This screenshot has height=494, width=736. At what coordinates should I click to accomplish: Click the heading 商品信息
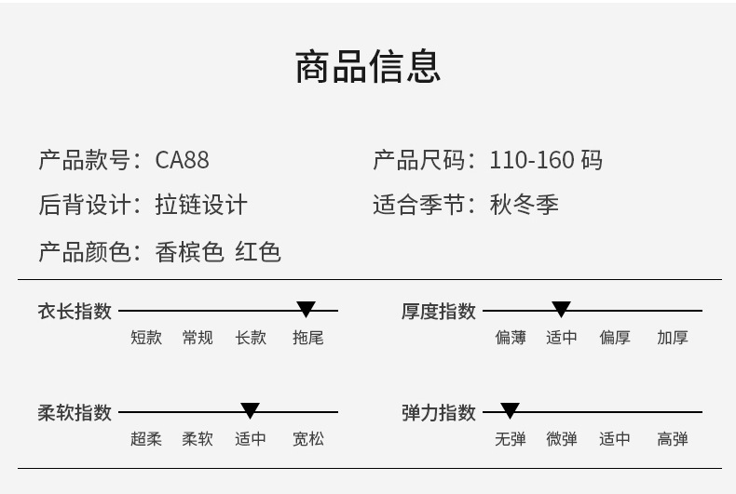pyautogui.click(x=367, y=67)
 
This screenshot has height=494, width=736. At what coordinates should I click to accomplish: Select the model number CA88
pyautogui.click(x=182, y=160)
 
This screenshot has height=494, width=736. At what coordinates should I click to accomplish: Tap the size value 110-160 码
pyautogui.click(x=546, y=160)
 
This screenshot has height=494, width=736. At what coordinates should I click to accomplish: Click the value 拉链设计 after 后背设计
pyautogui.click(x=201, y=205)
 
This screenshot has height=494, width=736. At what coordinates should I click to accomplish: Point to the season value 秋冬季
pyautogui.click(x=525, y=205)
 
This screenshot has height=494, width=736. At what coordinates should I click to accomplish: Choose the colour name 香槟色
pyautogui.click(x=189, y=251)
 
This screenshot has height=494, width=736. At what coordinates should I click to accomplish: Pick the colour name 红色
pyautogui.click(x=258, y=251)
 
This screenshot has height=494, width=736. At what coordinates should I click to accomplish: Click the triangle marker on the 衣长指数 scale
pyautogui.click(x=306, y=310)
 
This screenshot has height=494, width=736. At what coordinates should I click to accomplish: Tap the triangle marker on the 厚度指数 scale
pyautogui.click(x=561, y=310)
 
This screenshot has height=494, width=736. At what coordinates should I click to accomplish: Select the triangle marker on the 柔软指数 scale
pyautogui.click(x=250, y=410)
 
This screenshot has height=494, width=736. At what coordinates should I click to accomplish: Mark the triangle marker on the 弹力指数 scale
pyautogui.click(x=510, y=410)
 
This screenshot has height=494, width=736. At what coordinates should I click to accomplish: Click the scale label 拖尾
pyautogui.click(x=307, y=338)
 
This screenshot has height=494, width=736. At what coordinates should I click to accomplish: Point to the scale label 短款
pyautogui.click(x=146, y=338)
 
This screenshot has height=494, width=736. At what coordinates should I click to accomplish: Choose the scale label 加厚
pyautogui.click(x=672, y=338)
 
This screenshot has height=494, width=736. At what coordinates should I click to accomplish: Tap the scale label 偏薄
pyautogui.click(x=511, y=338)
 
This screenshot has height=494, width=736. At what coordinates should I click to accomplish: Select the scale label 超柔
pyautogui.click(x=146, y=438)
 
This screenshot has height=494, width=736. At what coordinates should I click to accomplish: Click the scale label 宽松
pyautogui.click(x=307, y=438)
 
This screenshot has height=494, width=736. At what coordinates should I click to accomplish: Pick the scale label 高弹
pyautogui.click(x=672, y=438)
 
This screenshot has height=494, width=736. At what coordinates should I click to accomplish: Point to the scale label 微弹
pyautogui.click(x=562, y=438)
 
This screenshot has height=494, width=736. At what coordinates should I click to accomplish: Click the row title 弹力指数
pyautogui.click(x=439, y=412)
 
